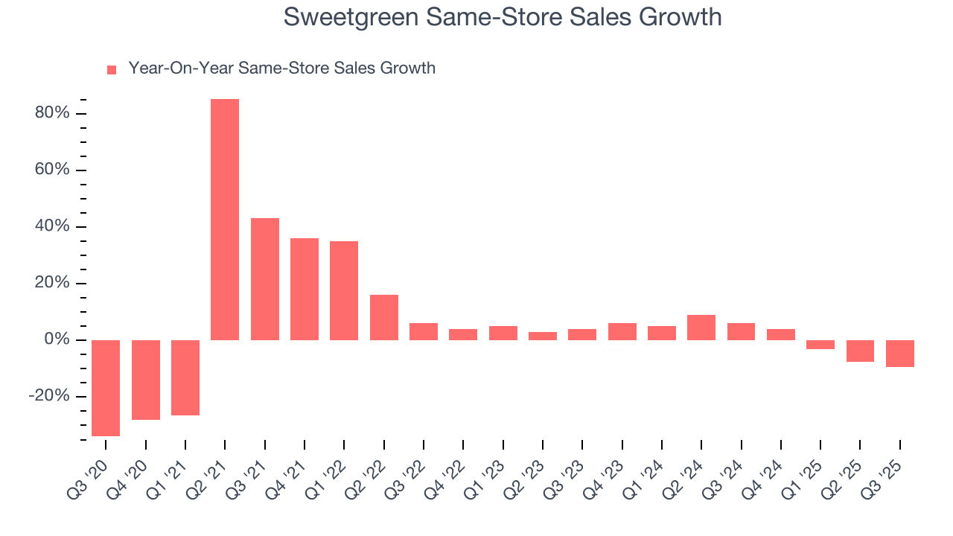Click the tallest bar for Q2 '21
coord(225,220)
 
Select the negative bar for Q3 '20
coord(106,388)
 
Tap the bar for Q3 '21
coord(264,279)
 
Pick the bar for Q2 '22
coord(383,317)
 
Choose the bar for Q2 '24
coord(701,328)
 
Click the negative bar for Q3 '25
coord(900,354)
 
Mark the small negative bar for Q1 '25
coord(820,345)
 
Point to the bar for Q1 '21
coord(185,377)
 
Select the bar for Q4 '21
coord(305,289)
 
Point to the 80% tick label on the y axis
coord(51,113)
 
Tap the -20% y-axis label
coord(49,396)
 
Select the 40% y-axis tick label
coord(51,226)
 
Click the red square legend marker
coord(112,69)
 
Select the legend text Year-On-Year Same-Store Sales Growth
coord(281,68)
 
